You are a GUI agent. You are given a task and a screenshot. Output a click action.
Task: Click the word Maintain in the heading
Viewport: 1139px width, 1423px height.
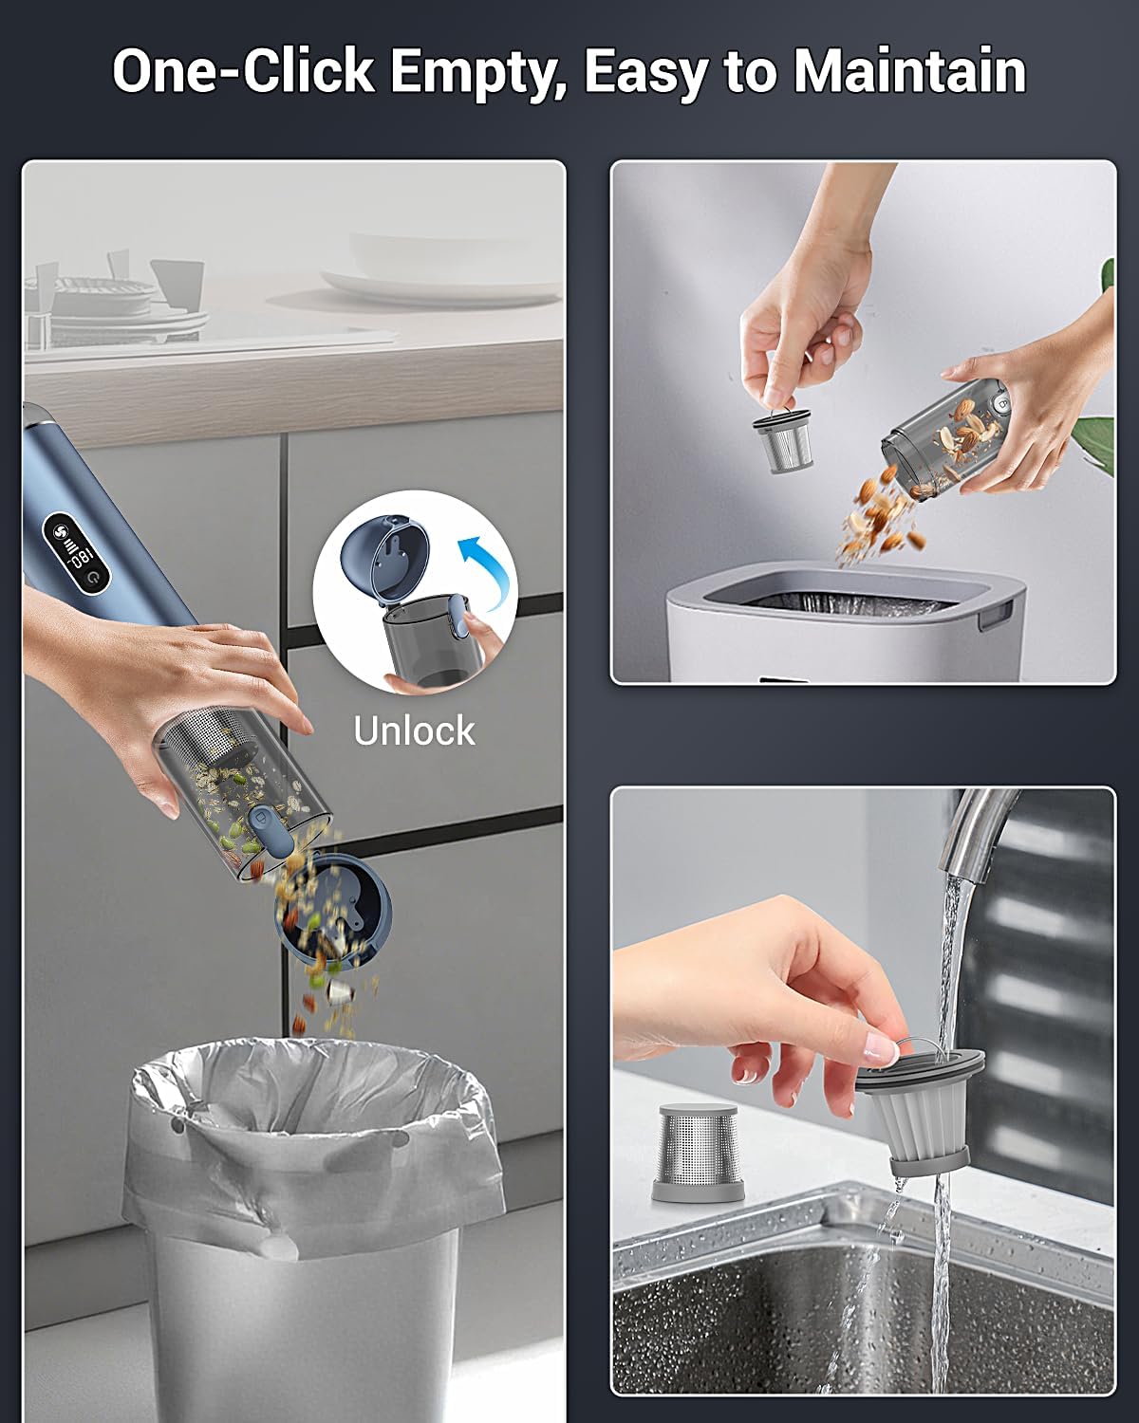909,71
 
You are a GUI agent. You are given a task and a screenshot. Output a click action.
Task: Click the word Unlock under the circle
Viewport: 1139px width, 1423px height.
414,730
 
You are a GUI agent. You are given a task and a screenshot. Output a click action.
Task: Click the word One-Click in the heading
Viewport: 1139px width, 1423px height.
244,71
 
